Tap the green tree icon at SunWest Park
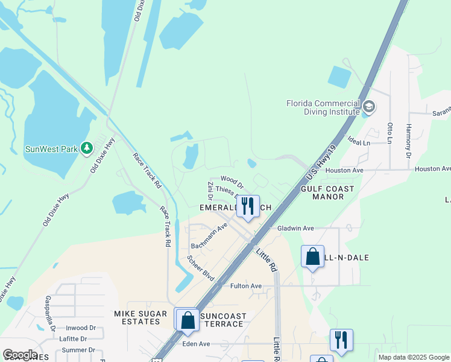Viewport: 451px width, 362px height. point(87,148)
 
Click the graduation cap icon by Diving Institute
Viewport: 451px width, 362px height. point(368,108)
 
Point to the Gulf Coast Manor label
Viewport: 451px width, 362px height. point(327,193)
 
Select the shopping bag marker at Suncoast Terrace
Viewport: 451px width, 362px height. point(188,319)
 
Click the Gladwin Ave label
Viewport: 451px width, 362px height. point(295,229)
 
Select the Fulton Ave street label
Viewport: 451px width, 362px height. point(246,286)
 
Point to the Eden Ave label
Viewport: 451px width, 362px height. point(196,344)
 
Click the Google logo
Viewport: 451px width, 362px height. point(20,355)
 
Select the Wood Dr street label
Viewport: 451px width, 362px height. point(232,179)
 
